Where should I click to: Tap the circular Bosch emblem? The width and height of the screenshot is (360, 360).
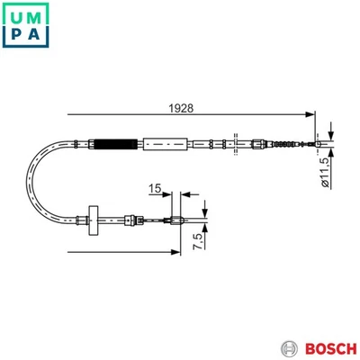(x=289, y=347)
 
